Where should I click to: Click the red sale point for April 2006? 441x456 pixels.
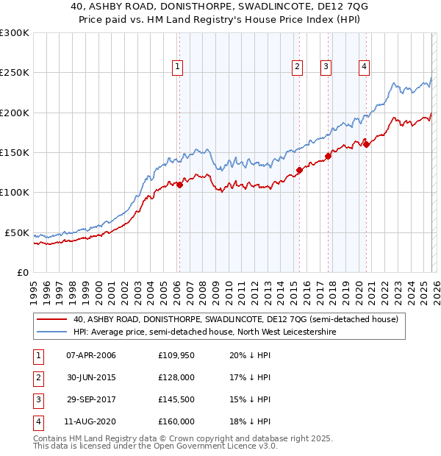coord(179,185)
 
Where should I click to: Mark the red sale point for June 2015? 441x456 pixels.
coord(299,170)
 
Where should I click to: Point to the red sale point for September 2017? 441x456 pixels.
coord(329,156)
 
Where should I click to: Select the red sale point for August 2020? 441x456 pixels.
coord(366,144)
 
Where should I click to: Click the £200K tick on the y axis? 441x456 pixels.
coord(15,113)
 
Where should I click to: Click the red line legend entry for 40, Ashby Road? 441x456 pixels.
coord(235,319)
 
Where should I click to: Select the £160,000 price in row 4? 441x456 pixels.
coord(176,421)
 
